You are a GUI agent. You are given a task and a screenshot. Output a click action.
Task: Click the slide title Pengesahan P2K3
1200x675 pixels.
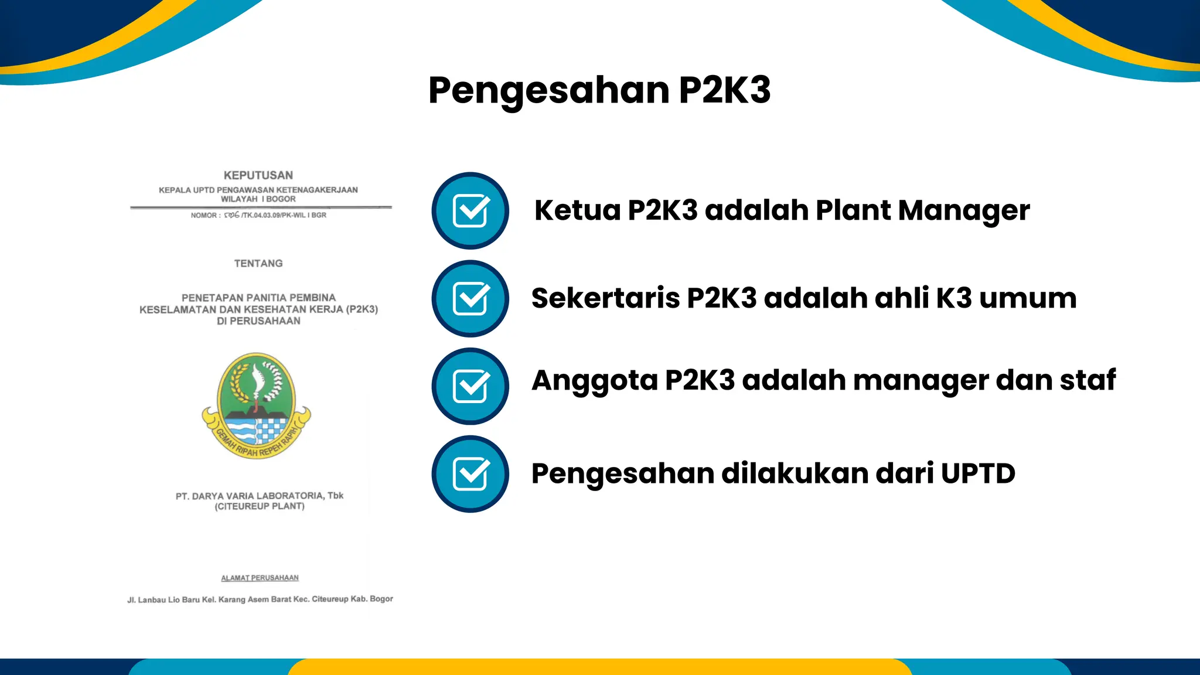[x=599, y=91]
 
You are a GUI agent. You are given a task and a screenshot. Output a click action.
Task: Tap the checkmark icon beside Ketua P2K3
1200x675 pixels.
[x=471, y=210]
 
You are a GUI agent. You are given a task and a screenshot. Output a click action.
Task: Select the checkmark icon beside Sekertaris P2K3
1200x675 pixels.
[x=471, y=298]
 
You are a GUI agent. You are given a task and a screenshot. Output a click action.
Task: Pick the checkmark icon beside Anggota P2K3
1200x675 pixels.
[x=471, y=386]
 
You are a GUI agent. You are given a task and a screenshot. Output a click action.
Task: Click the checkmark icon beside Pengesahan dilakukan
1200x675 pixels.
[x=471, y=473]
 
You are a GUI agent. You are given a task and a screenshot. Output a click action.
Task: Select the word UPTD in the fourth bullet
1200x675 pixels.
[x=978, y=473]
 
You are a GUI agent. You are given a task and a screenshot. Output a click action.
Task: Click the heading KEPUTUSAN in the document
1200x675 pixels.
[x=258, y=175]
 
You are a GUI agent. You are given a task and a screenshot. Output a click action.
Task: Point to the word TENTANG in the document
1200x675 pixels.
[x=258, y=264]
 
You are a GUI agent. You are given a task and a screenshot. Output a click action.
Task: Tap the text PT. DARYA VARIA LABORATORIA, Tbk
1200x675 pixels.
[x=259, y=496]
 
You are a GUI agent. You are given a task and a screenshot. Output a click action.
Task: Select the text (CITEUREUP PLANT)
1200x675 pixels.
[x=260, y=506]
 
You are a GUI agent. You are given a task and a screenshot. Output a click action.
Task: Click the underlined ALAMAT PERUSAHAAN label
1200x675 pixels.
[x=260, y=578]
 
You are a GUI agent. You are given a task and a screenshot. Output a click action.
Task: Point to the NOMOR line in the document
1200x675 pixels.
[x=258, y=215]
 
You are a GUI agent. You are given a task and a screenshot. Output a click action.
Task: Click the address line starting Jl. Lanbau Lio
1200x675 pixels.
[x=260, y=599]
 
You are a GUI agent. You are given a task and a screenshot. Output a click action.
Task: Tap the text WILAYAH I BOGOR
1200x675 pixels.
[x=258, y=199]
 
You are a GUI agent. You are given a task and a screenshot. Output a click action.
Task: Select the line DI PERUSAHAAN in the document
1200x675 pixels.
[x=258, y=321]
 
